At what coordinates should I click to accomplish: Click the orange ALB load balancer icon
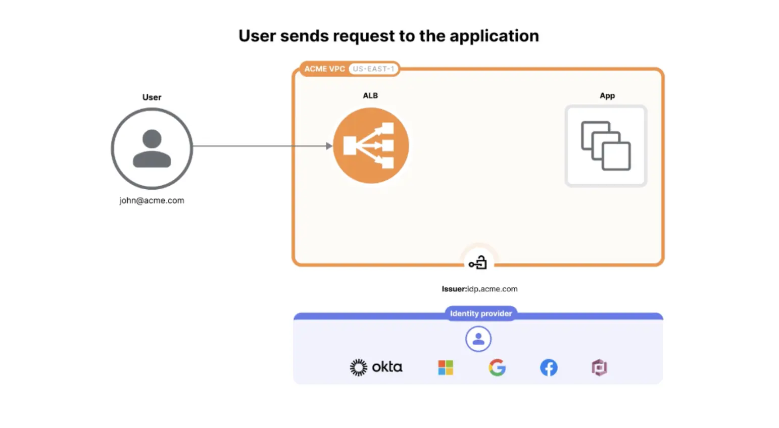(x=370, y=146)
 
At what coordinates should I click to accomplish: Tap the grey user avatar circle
(x=152, y=148)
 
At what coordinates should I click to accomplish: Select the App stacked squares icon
(x=606, y=146)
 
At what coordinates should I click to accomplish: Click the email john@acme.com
(x=152, y=200)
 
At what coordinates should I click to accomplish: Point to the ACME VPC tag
(x=324, y=69)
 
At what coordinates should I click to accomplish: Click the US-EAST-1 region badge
(x=373, y=69)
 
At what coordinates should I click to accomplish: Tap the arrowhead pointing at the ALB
(x=329, y=146)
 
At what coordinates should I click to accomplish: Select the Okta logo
(x=376, y=367)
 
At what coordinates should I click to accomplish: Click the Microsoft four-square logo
(x=446, y=367)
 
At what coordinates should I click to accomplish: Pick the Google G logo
(x=497, y=367)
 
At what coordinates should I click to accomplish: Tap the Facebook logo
(x=549, y=367)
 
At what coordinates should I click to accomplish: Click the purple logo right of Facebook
(x=599, y=367)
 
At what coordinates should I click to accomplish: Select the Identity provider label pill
(x=481, y=313)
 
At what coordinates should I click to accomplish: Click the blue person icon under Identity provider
(x=478, y=339)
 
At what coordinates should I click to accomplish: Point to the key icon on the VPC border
(x=478, y=263)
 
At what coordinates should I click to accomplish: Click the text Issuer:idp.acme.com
(x=479, y=289)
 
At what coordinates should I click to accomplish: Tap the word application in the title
(x=494, y=36)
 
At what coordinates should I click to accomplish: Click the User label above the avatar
(x=152, y=97)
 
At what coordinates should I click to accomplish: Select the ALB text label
(x=370, y=95)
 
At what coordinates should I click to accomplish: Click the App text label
(x=607, y=95)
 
